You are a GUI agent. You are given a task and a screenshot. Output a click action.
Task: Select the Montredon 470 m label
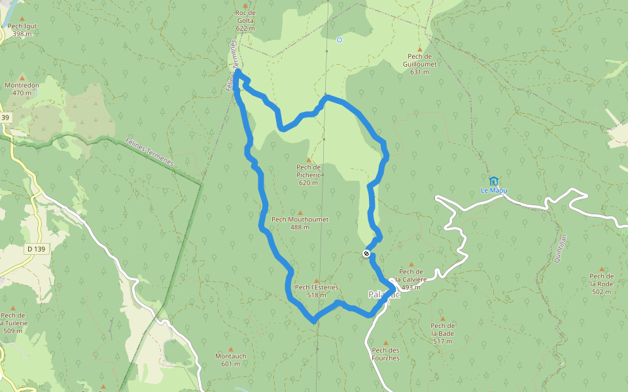22,89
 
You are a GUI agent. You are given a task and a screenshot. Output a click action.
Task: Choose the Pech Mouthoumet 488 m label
300,223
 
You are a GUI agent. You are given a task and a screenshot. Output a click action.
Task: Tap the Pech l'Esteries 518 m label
317,291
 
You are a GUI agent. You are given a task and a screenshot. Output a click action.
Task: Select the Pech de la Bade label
442,333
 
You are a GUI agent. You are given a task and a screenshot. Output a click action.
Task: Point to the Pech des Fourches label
385,353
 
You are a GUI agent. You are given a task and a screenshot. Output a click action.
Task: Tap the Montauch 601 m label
231,360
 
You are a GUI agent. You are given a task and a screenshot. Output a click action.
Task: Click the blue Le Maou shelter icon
494,180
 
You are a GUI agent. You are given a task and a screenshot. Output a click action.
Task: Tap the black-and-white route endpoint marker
366,253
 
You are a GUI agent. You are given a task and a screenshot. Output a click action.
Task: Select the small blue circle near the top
339,40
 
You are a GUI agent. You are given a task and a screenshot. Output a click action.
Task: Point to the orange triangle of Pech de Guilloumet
420,49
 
